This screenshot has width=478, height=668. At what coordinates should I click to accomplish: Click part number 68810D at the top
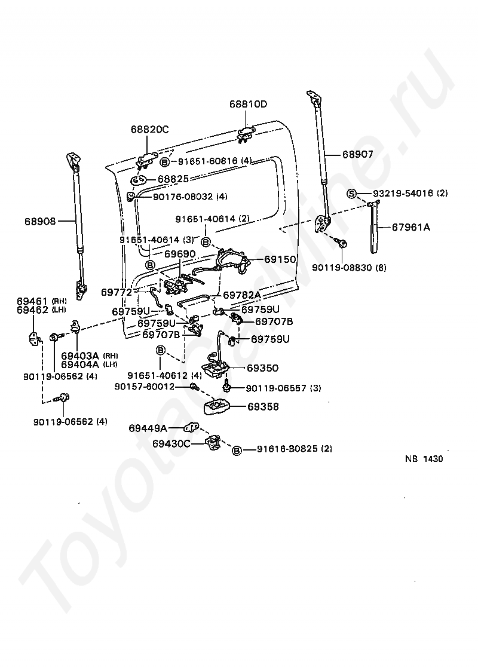[248, 105]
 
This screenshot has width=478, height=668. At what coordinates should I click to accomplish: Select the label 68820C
[150, 129]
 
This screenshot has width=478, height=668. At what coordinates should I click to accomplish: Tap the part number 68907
[357, 154]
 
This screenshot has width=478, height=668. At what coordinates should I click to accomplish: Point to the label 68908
[40, 221]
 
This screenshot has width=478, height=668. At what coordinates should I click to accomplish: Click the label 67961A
[410, 227]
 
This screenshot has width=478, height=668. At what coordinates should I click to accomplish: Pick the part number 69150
[280, 261]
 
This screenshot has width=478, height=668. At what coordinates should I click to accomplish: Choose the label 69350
[262, 368]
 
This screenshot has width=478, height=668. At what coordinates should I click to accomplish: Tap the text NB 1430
[424, 459]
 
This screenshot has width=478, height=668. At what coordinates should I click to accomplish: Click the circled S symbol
[352, 194]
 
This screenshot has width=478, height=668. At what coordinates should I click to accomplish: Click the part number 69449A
[147, 428]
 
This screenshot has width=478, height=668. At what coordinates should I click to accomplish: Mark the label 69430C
[171, 443]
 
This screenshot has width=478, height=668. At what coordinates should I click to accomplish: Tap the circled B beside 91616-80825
[237, 449]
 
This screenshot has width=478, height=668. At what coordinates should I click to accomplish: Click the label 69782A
[242, 295]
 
